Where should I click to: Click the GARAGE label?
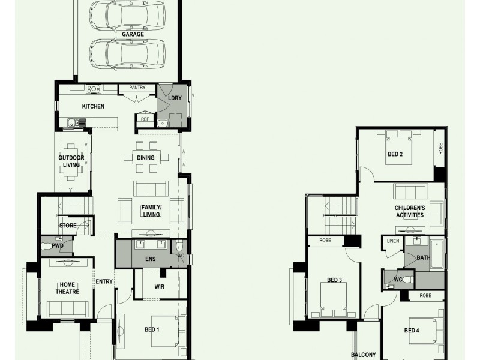(x=133, y=34)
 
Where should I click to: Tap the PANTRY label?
(x=137, y=88)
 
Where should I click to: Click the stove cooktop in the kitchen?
(x=94, y=89)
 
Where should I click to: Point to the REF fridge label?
(x=145, y=119)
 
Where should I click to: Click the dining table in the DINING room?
(x=145, y=158)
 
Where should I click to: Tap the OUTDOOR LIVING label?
(x=71, y=161)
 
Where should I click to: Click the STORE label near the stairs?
(x=67, y=226)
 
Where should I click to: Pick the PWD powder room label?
(x=58, y=245)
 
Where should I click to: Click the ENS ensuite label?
(x=151, y=259)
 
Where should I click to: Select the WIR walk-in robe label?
(x=159, y=287)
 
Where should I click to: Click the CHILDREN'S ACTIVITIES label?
(x=410, y=211)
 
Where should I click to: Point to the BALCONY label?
(x=363, y=355)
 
